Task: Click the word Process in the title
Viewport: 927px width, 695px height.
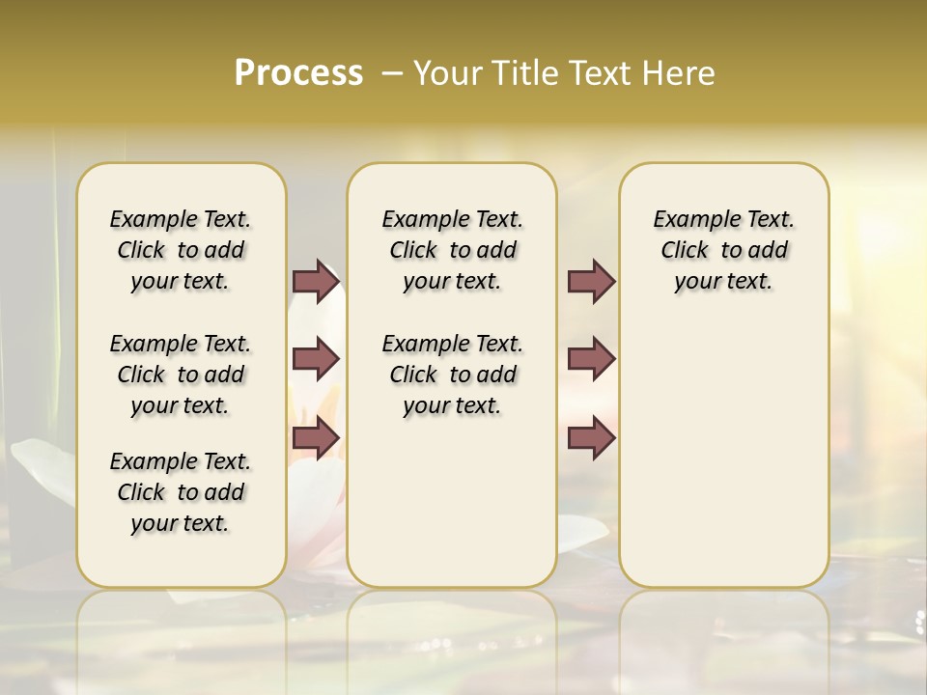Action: coord(298,73)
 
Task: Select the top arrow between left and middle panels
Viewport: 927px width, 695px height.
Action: coord(316,282)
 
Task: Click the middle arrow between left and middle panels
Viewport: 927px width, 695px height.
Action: coord(316,359)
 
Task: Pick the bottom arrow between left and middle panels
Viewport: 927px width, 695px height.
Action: coord(316,438)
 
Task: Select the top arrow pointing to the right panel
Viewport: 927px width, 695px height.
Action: coord(591,282)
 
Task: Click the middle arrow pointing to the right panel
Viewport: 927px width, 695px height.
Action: coord(591,359)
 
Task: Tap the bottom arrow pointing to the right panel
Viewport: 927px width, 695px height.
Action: coord(591,438)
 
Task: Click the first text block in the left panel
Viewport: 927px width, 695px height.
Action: coord(181,250)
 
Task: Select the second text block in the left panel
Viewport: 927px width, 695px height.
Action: coord(181,375)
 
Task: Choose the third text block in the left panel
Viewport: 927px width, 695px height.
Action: coord(181,492)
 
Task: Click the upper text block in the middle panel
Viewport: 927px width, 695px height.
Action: coord(452,250)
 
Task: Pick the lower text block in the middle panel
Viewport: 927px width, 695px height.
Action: coord(452,375)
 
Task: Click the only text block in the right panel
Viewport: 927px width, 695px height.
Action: coord(723,250)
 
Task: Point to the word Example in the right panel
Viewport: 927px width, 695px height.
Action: coord(689,220)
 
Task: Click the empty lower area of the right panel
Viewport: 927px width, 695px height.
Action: coord(723,463)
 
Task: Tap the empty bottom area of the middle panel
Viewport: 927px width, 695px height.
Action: coord(452,512)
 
